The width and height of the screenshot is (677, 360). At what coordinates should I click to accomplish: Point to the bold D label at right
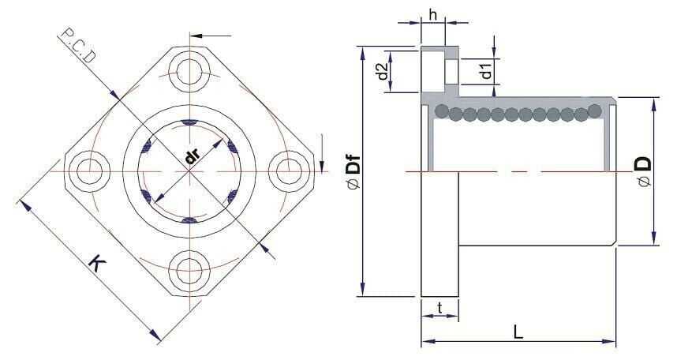(x=644, y=164)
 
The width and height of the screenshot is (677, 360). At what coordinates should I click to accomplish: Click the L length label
(x=518, y=332)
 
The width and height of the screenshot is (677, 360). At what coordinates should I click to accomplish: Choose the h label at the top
(x=432, y=13)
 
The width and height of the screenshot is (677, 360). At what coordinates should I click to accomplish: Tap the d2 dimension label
(x=381, y=71)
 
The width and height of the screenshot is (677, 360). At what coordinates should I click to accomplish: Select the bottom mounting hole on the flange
(x=189, y=266)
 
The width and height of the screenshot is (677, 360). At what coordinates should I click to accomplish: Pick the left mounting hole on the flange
(x=88, y=168)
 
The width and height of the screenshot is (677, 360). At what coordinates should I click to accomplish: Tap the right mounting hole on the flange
(x=289, y=168)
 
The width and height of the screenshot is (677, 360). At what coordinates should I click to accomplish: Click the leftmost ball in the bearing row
(x=442, y=111)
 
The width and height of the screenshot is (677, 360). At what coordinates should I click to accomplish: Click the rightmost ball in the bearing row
(x=595, y=111)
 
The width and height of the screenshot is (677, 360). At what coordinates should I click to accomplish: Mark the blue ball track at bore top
(x=189, y=123)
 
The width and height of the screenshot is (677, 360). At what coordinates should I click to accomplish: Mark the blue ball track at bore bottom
(x=189, y=220)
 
